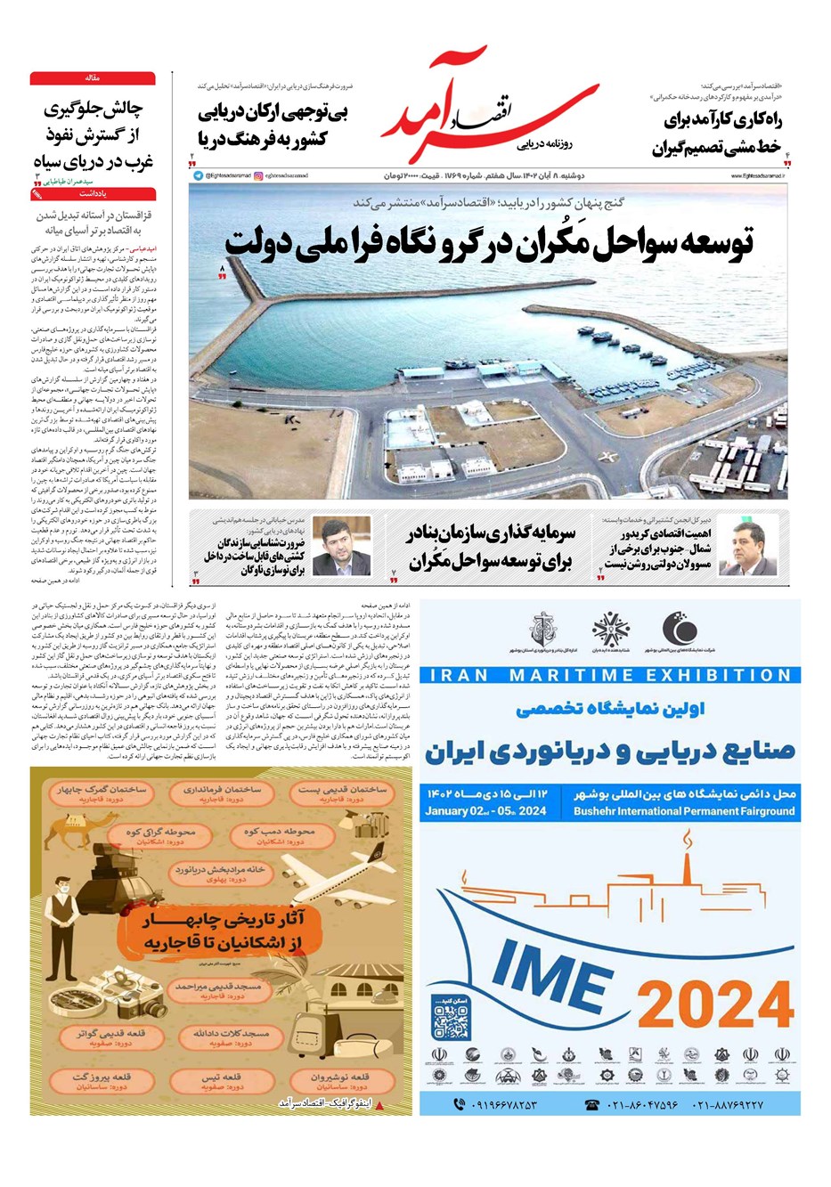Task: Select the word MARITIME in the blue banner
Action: tap(581, 674)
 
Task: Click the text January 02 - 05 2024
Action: tap(485, 811)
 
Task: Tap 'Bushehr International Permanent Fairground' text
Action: tap(683, 811)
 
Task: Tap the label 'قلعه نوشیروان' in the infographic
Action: tap(341, 1077)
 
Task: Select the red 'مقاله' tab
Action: tap(93, 78)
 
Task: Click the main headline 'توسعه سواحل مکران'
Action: tap(488, 242)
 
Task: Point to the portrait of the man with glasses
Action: tap(341, 546)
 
